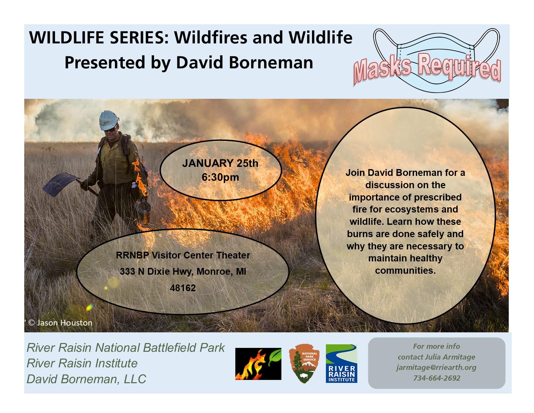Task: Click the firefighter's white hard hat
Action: (x=109, y=120)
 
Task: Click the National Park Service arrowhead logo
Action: (x=304, y=363)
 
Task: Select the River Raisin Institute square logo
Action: (x=341, y=363)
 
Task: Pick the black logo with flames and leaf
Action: (x=258, y=363)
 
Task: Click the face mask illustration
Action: (x=436, y=60)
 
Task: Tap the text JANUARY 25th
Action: (x=220, y=163)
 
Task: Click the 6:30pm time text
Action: (x=220, y=178)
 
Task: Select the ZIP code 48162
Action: (x=183, y=288)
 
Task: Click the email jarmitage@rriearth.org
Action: (x=436, y=368)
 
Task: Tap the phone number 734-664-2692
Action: (x=437, y=378)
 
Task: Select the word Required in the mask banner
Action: (x=459, y=67)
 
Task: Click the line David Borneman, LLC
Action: (x=86, y=379)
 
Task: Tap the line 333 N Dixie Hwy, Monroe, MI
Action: (x=183, y=271)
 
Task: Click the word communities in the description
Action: (x=405, y=270)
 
